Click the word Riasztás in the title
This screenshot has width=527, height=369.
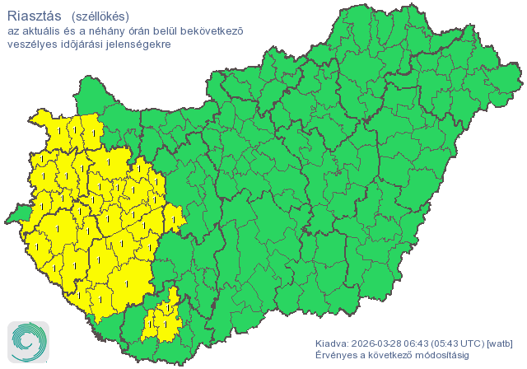(x=34, y=15)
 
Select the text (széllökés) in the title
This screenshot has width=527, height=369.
(x=100, y=15)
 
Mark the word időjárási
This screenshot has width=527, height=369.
(x=84, y=44)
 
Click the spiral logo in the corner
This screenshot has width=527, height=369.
(x=27, y=342)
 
